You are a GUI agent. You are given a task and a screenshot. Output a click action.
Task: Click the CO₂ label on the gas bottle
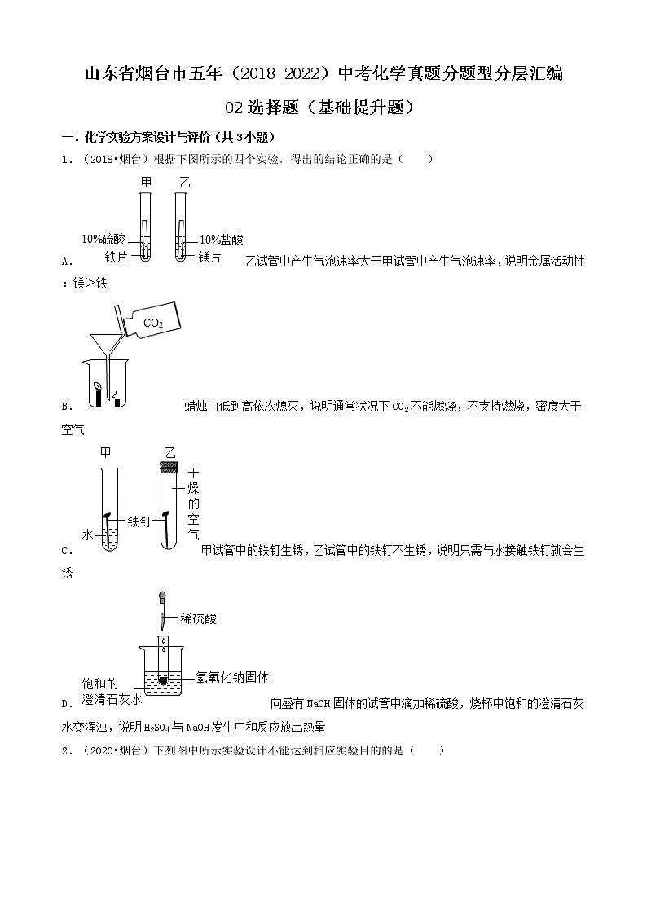[153, 323]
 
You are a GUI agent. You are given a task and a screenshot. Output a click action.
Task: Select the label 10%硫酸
[103, 240]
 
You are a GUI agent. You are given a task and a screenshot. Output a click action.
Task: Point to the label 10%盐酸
[222, 240]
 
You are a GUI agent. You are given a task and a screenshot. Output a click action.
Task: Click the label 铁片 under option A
[117, 257]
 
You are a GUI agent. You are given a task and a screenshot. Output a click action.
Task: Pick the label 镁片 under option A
[210, 257]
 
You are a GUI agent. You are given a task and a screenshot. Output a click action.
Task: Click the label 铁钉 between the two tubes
[139, 520]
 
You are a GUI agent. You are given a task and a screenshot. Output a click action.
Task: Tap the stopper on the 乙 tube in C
[169, 466]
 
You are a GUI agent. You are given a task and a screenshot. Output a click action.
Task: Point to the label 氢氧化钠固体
[232, 677]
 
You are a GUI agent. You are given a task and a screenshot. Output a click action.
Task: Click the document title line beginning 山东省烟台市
[323, 75]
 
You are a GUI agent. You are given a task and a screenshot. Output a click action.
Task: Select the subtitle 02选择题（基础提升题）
[323, 107]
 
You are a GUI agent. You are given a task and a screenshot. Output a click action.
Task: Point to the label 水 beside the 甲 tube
[87, 534]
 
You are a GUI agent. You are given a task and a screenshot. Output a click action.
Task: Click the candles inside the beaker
[105, 394]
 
